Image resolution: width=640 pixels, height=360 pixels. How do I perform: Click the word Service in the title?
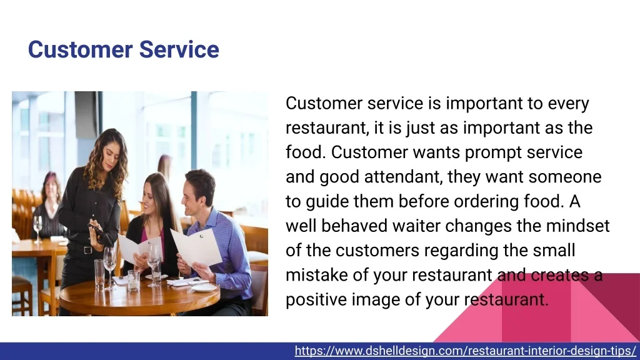click(x=179, y=49)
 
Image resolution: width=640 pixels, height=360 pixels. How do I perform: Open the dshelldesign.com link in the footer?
click(x=465, y=351)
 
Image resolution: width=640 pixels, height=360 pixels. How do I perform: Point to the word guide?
click(x=327, y=202)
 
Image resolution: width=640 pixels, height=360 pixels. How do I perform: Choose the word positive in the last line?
click(x=316, y=299)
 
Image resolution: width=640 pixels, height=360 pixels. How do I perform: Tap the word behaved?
click(x=354, y=226)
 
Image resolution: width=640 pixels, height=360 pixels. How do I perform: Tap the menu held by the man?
click(x=197, y=247)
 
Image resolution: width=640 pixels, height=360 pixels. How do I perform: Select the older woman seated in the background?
click(x=48, y=208)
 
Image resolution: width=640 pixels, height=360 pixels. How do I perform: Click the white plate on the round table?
click(x=204, y=287)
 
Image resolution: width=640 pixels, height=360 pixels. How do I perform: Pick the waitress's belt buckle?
click(x=87, y=250)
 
